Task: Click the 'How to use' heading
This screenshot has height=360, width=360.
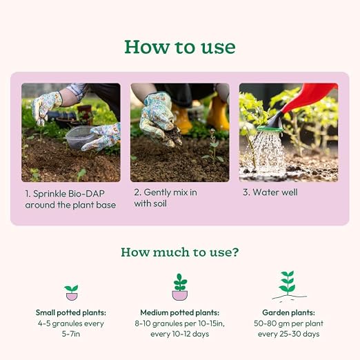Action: pos(180,47)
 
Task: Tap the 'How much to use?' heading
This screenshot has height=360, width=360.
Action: pos(180,252)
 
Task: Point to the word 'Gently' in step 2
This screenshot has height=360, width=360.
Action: pos(155,192)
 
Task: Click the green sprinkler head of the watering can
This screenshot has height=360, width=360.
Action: pos(270,129)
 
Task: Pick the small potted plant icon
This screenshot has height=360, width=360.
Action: pos(72,292)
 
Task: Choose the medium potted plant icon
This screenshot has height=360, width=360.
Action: pos(180,287)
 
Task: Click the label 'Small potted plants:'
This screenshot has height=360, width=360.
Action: pos(71,312)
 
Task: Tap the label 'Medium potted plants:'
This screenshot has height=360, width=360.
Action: pos(180,312)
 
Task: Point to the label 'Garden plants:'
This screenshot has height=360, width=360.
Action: pos(288,312)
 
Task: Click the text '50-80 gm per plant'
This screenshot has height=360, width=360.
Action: pos(288,323)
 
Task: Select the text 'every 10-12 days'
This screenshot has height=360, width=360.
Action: pos(180,334)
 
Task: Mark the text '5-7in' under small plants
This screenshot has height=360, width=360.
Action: pos(71,334)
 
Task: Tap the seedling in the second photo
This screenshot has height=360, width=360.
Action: pos(213,147)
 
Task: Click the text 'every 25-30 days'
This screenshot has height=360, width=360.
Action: pos(288,334)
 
